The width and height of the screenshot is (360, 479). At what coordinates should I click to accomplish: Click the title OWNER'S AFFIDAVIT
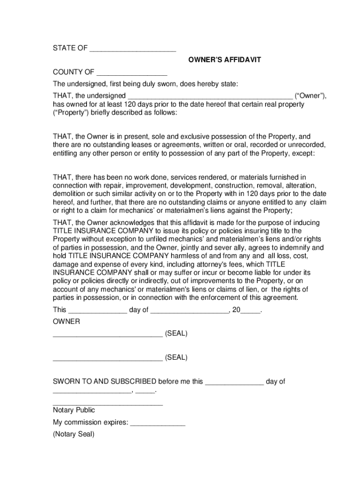point(224,60)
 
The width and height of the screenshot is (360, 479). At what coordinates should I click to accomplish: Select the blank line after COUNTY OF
point(131,73)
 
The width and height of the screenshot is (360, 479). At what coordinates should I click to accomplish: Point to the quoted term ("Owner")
point(310,96)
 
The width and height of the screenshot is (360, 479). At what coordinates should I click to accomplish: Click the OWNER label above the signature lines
point(66,322)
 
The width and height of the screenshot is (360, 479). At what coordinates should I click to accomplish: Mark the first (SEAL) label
point(176,334)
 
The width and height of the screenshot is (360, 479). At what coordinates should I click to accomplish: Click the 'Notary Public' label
point(74,410)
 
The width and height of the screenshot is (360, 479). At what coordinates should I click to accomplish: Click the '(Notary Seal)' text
point(74,434)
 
